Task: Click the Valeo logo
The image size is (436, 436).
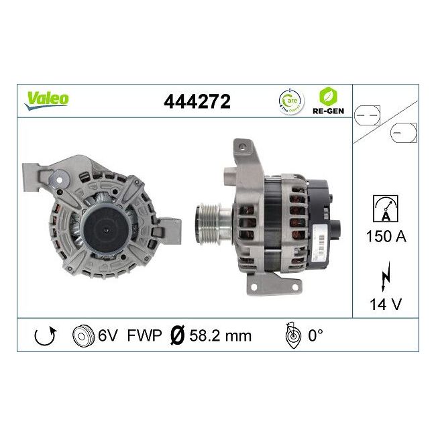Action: pos(47,99)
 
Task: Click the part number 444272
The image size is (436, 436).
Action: pos(197,101)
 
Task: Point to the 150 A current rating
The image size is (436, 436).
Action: pos(385,236)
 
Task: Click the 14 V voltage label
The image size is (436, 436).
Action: pos(386,303)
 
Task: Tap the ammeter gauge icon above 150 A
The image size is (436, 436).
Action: pos(385,208)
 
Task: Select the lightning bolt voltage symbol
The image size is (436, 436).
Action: pos(385,275)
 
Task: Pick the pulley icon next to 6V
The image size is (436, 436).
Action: pos(82,335)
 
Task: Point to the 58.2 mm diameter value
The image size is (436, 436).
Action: pos(219,335)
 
